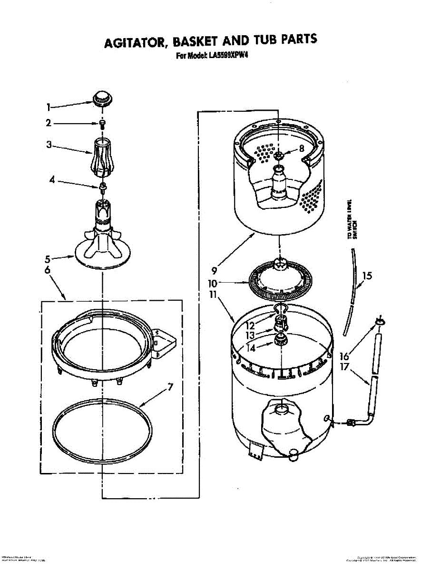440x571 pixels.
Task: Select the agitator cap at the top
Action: [101, 98]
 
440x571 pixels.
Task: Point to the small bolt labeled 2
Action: [102, 124]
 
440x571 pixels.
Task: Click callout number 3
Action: [49, 145]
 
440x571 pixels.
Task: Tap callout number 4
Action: [52, 180]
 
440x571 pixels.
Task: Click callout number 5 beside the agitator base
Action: [48, 259]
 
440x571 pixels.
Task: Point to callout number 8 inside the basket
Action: [302, 148]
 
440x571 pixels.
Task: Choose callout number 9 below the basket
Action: [214, 271]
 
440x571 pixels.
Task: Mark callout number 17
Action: [344, 367]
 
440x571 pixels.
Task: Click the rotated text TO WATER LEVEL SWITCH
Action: [352, 219]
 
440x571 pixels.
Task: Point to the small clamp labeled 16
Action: [379, 322]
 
